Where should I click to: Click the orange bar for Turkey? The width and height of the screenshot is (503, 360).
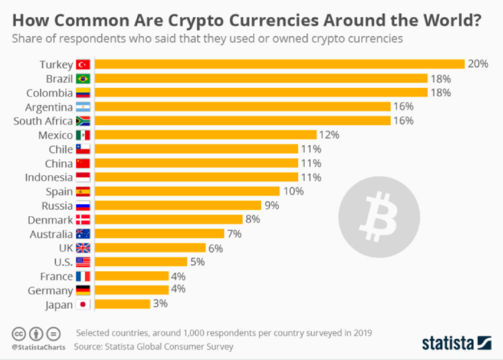coord(280,64)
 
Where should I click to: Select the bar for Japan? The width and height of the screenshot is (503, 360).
coord(123,304)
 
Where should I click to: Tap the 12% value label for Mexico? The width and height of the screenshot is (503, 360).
coord(330,135)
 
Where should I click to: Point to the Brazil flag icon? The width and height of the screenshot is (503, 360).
coord(83,78)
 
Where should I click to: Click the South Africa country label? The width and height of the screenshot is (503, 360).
coord(43,121)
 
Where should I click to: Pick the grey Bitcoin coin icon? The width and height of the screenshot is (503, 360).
coord(379,217)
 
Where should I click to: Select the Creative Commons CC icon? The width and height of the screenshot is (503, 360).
coord(19,333)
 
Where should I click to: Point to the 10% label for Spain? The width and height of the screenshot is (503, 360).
coord(293,191)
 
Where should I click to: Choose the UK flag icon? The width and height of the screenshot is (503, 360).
coord(83,247)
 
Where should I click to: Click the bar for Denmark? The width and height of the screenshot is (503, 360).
coord(169,219)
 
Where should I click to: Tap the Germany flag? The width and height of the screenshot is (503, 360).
coord(83,290)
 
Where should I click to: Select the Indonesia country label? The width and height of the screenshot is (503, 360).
coord(48,177)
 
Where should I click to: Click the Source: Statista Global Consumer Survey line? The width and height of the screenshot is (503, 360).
coord(154,347)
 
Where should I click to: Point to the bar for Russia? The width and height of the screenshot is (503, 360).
coord(178,205)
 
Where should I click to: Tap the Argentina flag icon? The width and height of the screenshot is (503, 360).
coord(83,107)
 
